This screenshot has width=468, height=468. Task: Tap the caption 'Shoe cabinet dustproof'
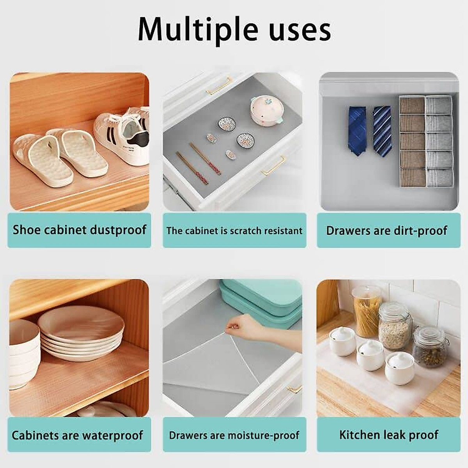pos(79,230)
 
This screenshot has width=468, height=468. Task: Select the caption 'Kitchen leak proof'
pos(388,435)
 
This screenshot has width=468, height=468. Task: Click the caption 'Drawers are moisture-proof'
pos(234,435)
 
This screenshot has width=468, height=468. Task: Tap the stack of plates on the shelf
pos(81,331)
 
